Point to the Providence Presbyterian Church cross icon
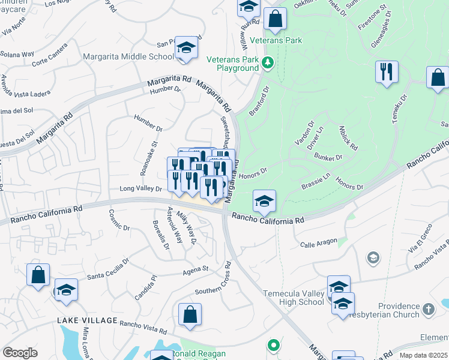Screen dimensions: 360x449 pos(427,310)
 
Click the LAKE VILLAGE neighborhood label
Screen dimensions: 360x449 pos(86,320)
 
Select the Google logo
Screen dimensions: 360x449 pos(20,352)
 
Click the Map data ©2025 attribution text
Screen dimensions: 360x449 pos(423,355)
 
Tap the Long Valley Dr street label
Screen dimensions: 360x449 pos(141,189)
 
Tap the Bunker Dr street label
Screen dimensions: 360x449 pos(328,157)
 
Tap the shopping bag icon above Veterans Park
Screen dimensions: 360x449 pos(276,19)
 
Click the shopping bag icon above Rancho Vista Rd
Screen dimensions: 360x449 pos(190,314)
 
